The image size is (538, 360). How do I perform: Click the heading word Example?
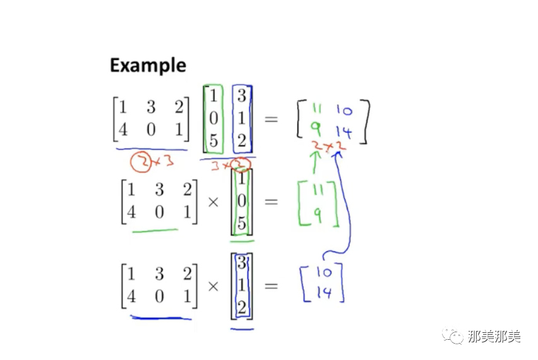click(x=148, y=66)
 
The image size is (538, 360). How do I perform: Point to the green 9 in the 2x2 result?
click(x=315, y=131)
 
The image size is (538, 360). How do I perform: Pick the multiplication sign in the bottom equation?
click(x=213, y=285)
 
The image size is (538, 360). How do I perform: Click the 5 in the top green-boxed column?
click(x=213, y=140)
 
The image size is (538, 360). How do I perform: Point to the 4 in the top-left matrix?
click(x=123, y=129)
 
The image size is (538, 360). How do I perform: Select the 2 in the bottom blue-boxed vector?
click(x=242, y=308)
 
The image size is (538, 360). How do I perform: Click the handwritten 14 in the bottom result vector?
click(x=323, y=293)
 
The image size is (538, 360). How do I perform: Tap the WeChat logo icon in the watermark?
click(x=454, y=336)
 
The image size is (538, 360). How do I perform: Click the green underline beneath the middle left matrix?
click(x=155, y=231)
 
